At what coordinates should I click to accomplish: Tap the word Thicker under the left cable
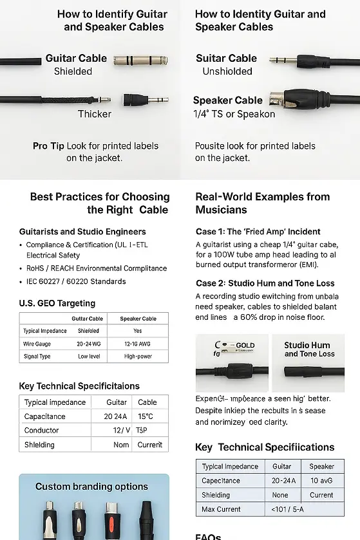point(94,114)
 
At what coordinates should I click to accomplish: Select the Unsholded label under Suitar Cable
point(227,71)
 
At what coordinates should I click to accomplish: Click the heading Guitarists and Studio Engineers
point(82,232)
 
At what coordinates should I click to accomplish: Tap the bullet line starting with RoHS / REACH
point(96,268)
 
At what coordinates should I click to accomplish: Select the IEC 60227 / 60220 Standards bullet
point(76,281)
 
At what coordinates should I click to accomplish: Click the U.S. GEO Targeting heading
point(57,303)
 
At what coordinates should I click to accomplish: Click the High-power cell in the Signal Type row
point(138,356)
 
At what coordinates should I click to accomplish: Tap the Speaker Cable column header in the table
point(138,319)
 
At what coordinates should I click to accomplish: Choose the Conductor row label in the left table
point(42,431)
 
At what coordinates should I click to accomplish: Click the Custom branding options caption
point(91,487)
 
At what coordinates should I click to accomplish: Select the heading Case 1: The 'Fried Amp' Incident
point(258,232)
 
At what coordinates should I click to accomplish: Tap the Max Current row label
point(222,510)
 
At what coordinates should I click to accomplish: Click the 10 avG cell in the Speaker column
point(321,481)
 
